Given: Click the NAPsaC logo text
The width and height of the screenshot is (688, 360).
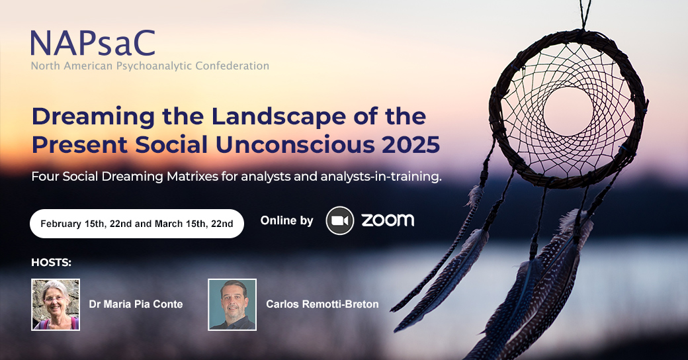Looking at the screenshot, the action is pyautogui.click(x=93, y=42).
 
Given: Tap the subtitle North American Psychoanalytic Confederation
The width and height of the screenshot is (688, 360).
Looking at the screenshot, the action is pyautogui.click(x=150, y=66).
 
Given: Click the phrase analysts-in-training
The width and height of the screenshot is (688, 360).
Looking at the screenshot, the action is pyautogui.click(x=381, y=177).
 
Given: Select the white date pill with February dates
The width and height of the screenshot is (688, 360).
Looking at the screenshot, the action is pyautogui.click(x=137, y=224).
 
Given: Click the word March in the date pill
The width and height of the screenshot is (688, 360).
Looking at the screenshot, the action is pyautogui.click(x=169, y=224).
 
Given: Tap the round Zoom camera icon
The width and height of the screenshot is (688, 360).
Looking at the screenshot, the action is pyautogui.click(x=339, y=220).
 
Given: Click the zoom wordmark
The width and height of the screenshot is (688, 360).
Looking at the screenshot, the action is pyautogui.click(x=388, y=220).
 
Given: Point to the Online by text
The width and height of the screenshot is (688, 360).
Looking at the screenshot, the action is pyautogui.click(x=286, y=220).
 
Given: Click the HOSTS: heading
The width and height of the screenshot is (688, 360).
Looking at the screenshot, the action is pyautogui.click(x=52, y=263).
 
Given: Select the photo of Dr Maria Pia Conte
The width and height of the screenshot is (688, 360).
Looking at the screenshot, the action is pyautogui.click(x=56, y=304).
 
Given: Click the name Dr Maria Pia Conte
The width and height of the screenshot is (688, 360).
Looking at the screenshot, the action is pyautogui.click(x=136, y=304).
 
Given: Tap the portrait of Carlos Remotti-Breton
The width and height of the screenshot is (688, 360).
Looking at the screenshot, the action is pyautogui.click(x=232, y=304).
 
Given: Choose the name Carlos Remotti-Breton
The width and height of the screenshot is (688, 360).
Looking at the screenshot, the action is pyautogui.click(x=322, y=304).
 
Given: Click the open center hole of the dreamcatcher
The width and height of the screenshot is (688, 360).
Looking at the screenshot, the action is pyautogui.click(x=568, y=112).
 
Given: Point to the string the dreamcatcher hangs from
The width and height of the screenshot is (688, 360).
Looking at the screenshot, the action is pyautogui.click(x=583, y=15).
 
